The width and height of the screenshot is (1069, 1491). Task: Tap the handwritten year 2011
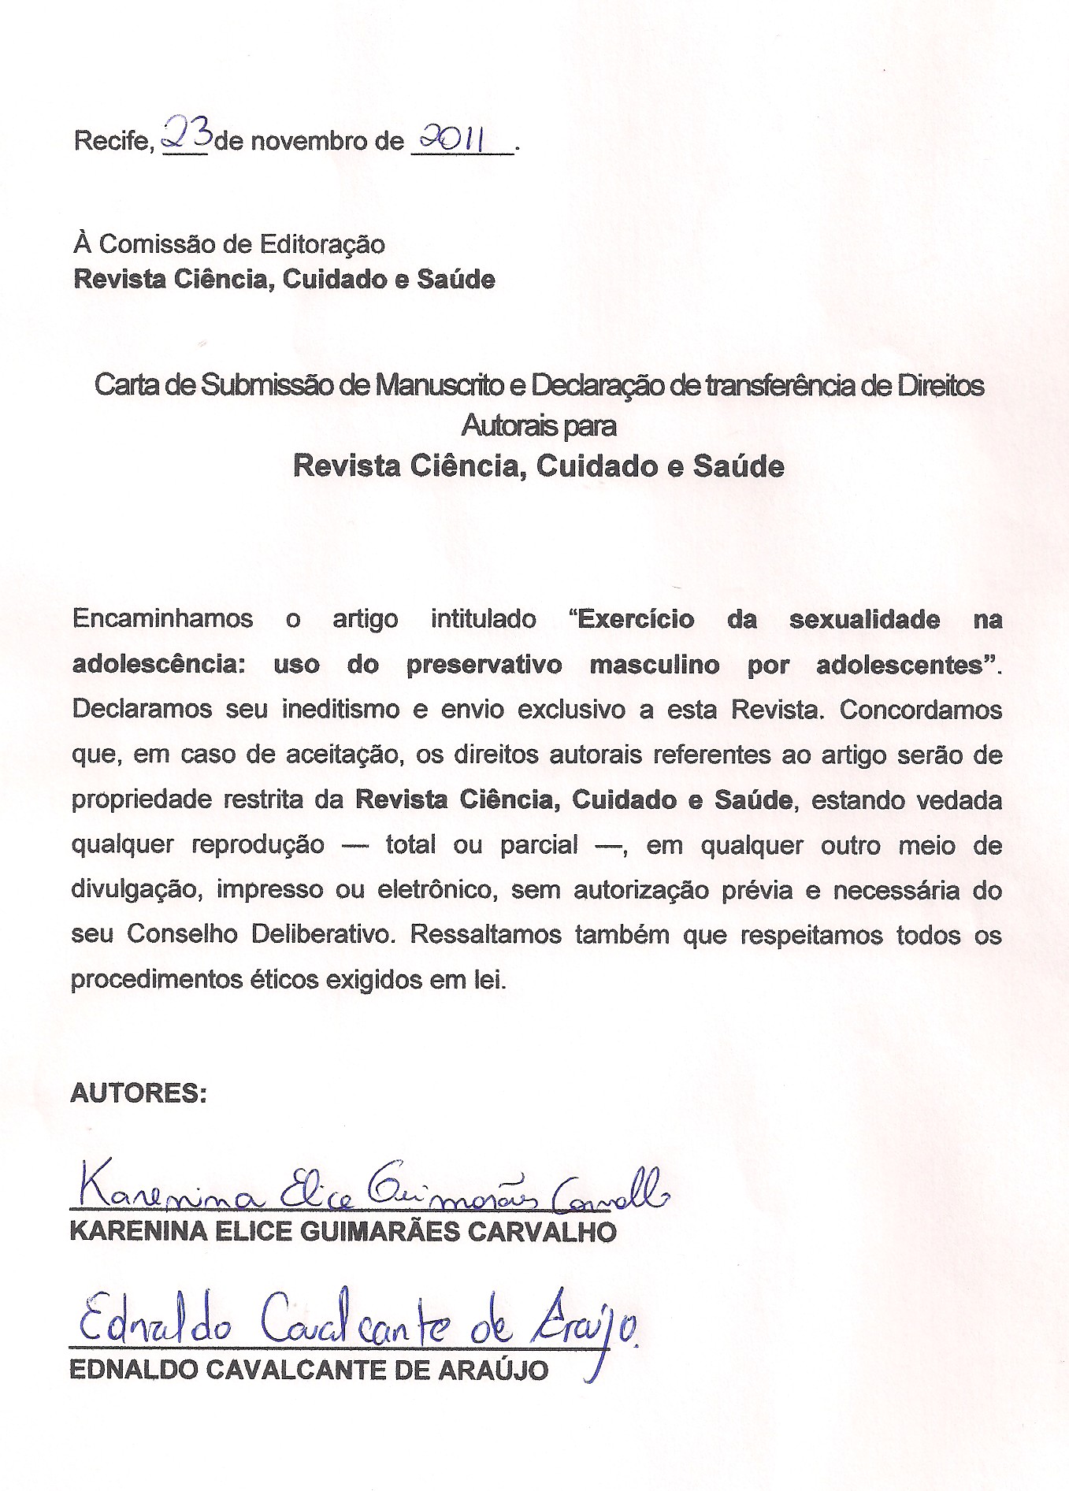tap(451, 139)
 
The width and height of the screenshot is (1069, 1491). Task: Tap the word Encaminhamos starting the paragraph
tap(162, 619)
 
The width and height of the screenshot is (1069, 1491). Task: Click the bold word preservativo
tap(484, 665)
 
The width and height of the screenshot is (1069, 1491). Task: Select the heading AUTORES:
tap(139, 1093)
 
